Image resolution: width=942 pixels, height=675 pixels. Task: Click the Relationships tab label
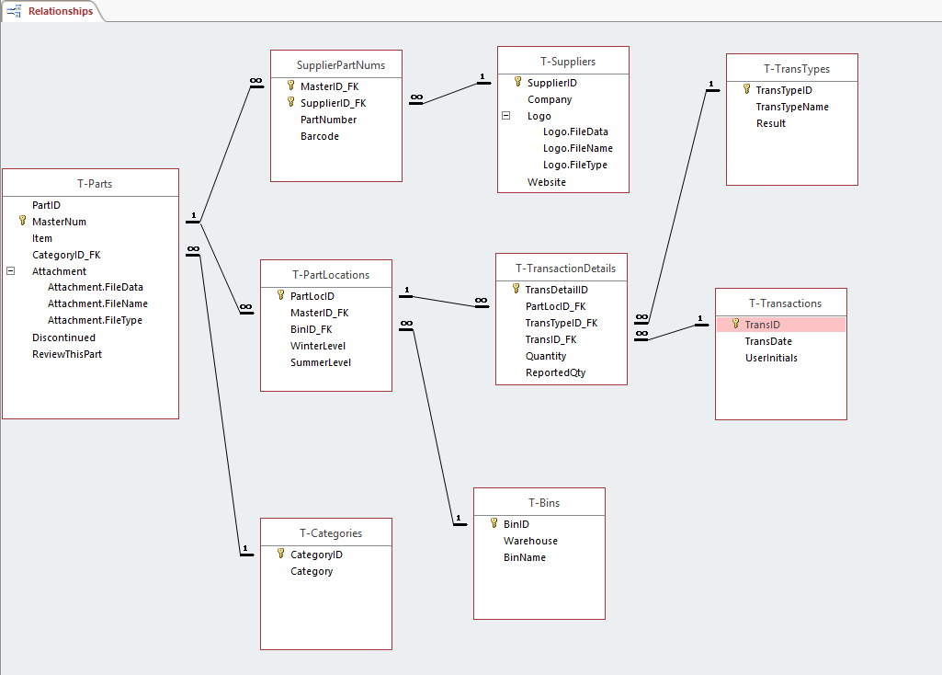point(60,12)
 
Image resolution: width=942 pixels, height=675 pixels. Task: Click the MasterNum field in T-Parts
point(59,222)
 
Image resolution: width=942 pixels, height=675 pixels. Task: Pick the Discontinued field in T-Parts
point(63,337)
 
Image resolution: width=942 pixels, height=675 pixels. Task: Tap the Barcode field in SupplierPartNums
point(320,136)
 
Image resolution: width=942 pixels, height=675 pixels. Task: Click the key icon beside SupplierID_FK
point(291,103)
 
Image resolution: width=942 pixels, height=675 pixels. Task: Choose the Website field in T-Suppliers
point(547,182)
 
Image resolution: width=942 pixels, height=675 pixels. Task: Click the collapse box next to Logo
point(505,117)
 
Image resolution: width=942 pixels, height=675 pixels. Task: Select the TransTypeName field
point(792,107)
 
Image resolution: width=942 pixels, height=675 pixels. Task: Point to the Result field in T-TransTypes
point(771,123)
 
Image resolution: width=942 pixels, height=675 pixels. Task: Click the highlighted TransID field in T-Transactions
point(762,325)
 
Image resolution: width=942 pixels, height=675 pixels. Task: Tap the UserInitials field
point(771,358)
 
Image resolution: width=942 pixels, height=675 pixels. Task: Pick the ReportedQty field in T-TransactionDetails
point(555,372)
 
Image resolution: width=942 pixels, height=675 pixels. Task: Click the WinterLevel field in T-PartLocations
point(318,346)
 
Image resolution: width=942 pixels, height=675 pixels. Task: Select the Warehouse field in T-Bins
point(530,541)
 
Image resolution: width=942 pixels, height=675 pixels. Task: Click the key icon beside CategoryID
point(281,555)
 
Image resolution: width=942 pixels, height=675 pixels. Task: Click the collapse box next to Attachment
point(10,271)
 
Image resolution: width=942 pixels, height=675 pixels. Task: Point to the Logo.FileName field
point(577,148)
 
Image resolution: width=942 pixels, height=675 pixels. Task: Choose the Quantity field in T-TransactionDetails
point(546,356)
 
